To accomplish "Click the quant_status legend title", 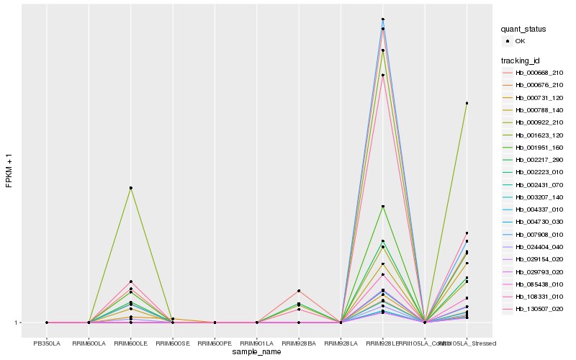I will click(523, 29).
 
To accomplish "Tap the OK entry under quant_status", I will click(520, 41).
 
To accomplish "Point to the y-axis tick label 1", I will click(17, 323).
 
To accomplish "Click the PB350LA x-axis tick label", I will click(47, 343).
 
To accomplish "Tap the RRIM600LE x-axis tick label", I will click(131, 343).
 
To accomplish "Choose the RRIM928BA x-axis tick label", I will click(299, 343).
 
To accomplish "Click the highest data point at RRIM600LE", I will click(131, 188).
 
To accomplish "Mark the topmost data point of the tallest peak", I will click(383, 19).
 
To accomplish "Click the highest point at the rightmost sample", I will click(467, 103).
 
